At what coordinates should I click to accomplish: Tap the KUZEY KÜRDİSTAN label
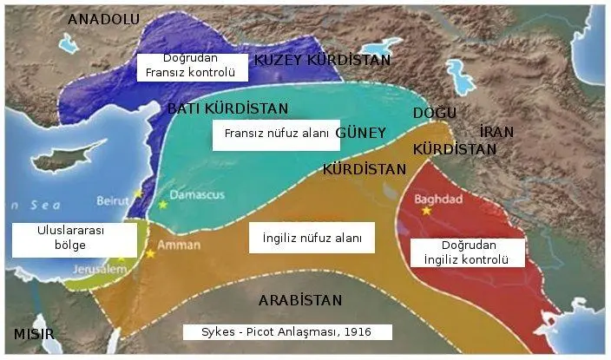coord(322,60)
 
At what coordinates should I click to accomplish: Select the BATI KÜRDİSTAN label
coord(227,108)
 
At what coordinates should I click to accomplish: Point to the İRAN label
coord(496,132)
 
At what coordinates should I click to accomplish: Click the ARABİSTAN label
coord(300,300)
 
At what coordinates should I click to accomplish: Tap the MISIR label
coord(34,334)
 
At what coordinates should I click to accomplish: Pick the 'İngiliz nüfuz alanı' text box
coord(305,237)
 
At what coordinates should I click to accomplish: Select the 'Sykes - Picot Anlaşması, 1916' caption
coord(287,331)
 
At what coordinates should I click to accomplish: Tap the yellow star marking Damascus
coord(162,205)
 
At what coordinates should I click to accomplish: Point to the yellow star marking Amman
coord(150,253)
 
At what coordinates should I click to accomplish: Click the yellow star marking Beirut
coord(137,193)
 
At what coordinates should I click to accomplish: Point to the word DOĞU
coord(434,114)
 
